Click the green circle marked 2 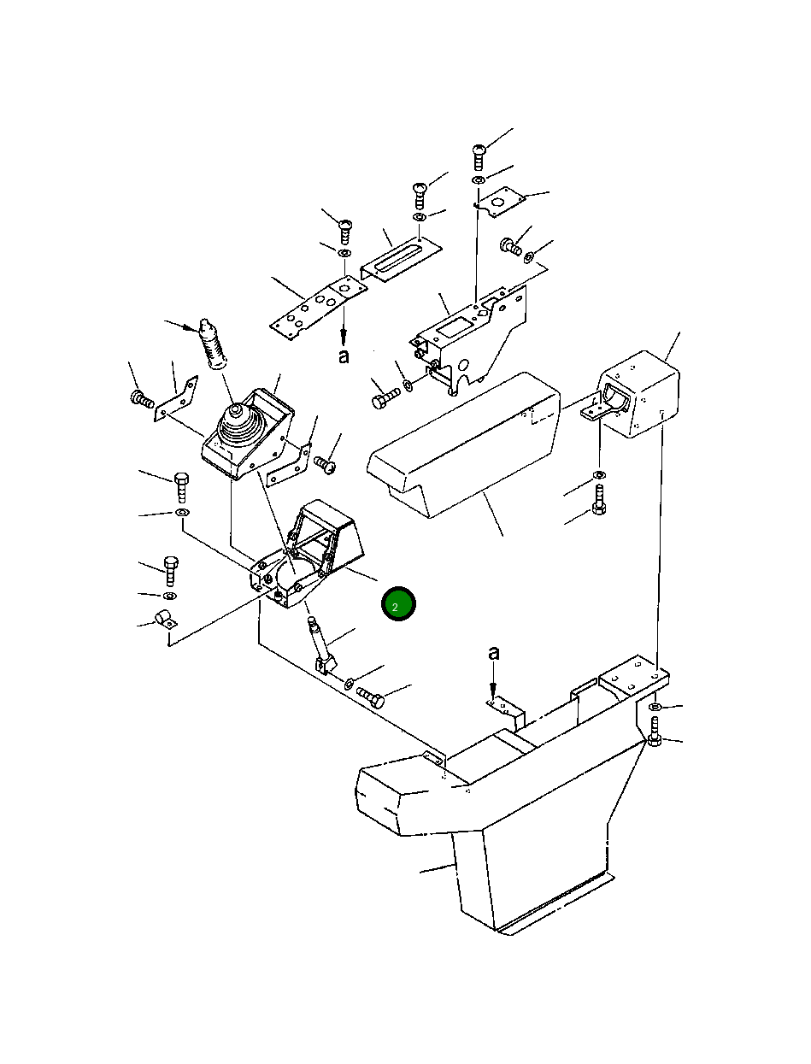point(398,603)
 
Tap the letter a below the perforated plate point(344,356)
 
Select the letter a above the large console point(493,654)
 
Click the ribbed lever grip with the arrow point(214,344)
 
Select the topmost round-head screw point(479,156)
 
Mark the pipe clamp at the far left point(166,619)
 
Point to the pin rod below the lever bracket point(322,644)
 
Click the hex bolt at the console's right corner point(655,732)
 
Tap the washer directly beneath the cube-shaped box point(599,473)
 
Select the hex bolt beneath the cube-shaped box point(599,499)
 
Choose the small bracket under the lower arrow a point(506,711)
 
